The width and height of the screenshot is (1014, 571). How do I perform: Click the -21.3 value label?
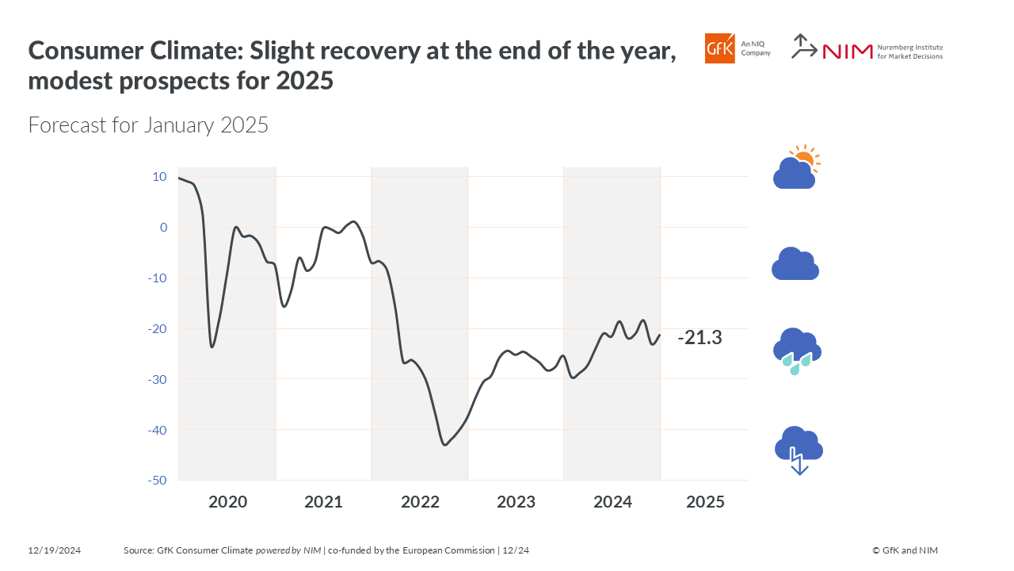[700, 338]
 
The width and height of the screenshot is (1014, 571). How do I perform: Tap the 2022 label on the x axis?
[420, 502]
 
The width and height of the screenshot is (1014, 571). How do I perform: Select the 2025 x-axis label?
[705, 502]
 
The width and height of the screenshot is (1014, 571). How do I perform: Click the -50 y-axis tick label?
[157, 481]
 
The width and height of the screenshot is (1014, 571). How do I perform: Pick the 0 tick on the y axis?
[164, 227]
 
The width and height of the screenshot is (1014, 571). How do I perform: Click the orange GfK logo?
[720, 48]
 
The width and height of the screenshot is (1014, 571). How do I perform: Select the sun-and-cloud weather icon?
[796, 167]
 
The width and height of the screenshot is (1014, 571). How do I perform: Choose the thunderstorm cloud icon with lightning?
[799, 450]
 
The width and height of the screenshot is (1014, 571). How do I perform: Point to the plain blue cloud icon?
[795, 264]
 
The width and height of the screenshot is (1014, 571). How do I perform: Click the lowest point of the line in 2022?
[444, 445]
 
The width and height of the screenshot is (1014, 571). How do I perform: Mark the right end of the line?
[660, 334]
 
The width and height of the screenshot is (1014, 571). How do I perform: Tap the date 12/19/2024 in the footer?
[55, 550]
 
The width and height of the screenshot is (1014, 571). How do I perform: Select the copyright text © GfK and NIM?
[905, 550]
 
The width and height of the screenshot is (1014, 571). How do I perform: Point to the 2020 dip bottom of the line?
[212, 347]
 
